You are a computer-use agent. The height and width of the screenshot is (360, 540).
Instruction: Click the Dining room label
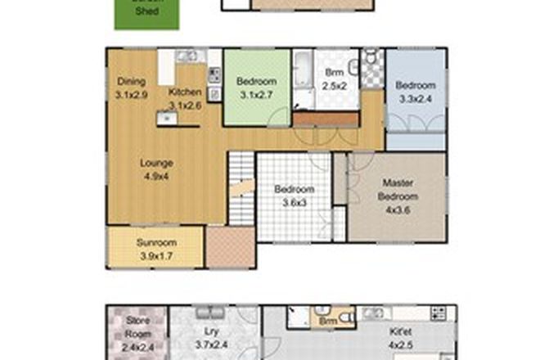[131, 81]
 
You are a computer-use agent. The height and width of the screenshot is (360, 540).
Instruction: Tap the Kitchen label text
[185, 92]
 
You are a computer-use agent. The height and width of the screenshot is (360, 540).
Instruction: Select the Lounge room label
[155, 162]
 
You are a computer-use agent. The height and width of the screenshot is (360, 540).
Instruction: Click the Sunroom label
[155, 243]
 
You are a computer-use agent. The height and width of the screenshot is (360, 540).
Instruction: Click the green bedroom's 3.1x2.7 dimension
[257, 95]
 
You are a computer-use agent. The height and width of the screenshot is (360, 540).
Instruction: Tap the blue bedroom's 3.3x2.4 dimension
[415, 99]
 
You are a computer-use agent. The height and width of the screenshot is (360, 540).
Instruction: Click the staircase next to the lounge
[241, 184]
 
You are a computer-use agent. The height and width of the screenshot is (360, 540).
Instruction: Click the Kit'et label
[397, 331]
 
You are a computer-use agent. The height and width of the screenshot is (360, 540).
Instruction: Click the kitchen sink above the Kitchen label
[187, 56]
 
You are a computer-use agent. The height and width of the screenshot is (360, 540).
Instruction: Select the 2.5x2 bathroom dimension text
[335, 85]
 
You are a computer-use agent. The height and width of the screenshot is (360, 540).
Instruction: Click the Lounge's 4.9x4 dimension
[155, 175]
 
